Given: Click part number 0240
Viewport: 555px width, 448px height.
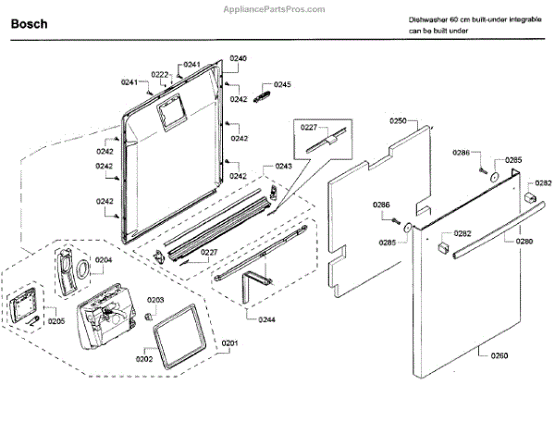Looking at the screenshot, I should coord(238,58).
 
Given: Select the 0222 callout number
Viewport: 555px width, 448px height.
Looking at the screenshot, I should coord(160,75).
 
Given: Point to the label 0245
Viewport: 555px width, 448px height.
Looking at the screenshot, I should coord(281,85).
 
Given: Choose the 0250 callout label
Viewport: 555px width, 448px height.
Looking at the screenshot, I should coord(399,121).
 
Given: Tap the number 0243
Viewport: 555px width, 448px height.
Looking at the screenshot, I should coord(283,166).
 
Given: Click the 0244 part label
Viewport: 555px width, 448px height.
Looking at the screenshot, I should coord(266,319).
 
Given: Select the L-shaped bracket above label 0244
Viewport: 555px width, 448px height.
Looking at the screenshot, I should coord(253,282).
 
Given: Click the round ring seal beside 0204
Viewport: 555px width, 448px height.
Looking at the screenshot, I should coord(81,268).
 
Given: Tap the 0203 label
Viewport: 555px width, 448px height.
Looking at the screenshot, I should coord(155,300).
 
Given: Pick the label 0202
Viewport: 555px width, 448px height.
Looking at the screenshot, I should coord(144,359).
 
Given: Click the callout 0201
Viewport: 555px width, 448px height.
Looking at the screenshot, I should coord(228,343).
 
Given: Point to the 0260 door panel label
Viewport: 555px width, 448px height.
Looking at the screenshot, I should coord(499,353).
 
